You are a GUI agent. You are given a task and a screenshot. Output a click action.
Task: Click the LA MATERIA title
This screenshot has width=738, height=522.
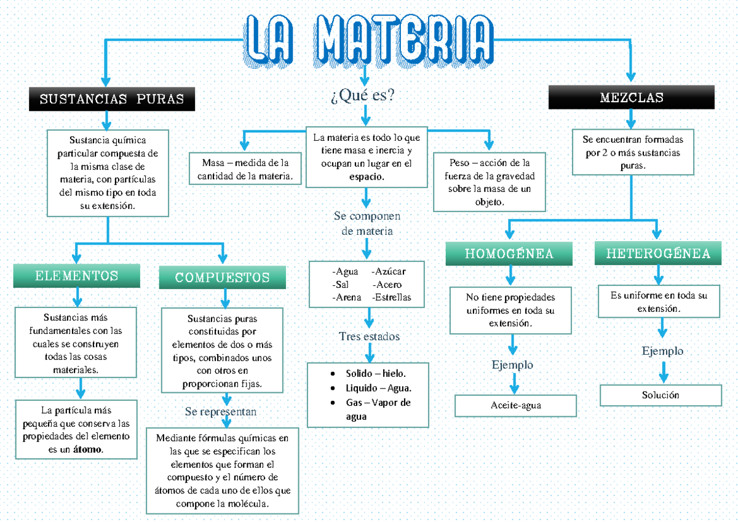click(x=369, y=40)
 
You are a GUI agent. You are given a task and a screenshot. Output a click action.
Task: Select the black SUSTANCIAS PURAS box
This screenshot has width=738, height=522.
click(x=111, y=99)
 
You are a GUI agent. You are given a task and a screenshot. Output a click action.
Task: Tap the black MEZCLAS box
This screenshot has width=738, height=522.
click(x=631, y=98)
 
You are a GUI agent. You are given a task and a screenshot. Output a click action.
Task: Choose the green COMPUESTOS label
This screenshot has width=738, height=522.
click(x=222, y=277)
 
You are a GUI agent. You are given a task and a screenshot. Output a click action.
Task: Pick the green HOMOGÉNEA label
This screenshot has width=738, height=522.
click(x=509, y=253)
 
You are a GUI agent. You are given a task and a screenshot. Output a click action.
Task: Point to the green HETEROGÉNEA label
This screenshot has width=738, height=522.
click(x=657, y=253)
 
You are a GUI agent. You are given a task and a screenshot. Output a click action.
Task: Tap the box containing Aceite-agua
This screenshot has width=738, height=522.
click(x=515, y=406)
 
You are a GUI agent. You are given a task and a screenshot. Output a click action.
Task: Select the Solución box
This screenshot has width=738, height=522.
click(x=661, y=395)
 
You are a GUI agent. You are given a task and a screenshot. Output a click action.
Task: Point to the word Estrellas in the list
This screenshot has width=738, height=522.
click(x=391, y=297)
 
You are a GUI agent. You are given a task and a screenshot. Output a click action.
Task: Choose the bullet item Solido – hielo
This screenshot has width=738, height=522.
click(x=376, y=374)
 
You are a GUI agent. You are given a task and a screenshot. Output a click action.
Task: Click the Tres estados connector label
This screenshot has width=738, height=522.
click(x=369, y=336)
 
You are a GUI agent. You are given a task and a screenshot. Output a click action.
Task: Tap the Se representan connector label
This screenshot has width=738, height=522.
click(x=221, y=411)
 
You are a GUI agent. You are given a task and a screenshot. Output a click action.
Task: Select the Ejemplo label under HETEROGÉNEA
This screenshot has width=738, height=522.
click(x=662, y=352)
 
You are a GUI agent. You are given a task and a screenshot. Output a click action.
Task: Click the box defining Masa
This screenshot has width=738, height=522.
click(x=245, y=170)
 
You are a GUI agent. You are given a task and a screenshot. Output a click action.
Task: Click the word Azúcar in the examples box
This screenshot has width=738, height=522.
click(x=389, y=271)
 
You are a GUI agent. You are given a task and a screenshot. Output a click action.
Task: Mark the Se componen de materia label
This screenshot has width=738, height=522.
click(x=367, y=224)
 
